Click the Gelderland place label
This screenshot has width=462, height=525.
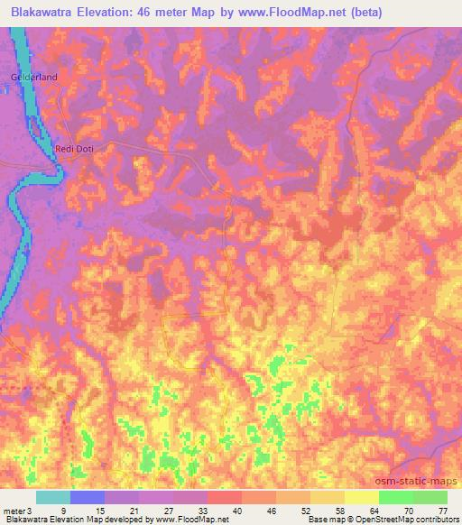pos(34,78)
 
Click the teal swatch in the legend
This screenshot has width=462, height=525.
pos(53,497)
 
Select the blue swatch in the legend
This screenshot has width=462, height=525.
pos(88,497)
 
